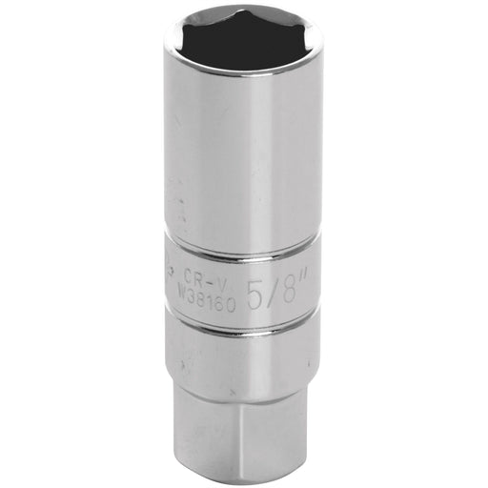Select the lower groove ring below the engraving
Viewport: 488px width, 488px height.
248,319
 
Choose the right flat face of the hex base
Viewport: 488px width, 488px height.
276,419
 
